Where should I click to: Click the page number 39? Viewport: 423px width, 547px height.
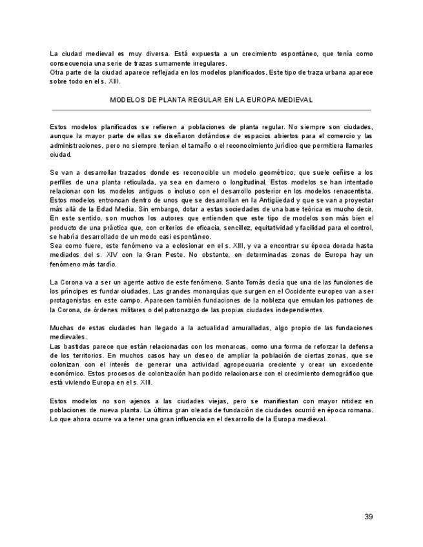click(368, 517)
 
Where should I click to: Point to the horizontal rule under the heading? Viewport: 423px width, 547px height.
click(211, 110)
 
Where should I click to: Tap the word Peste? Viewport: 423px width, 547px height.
click(172, 255)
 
